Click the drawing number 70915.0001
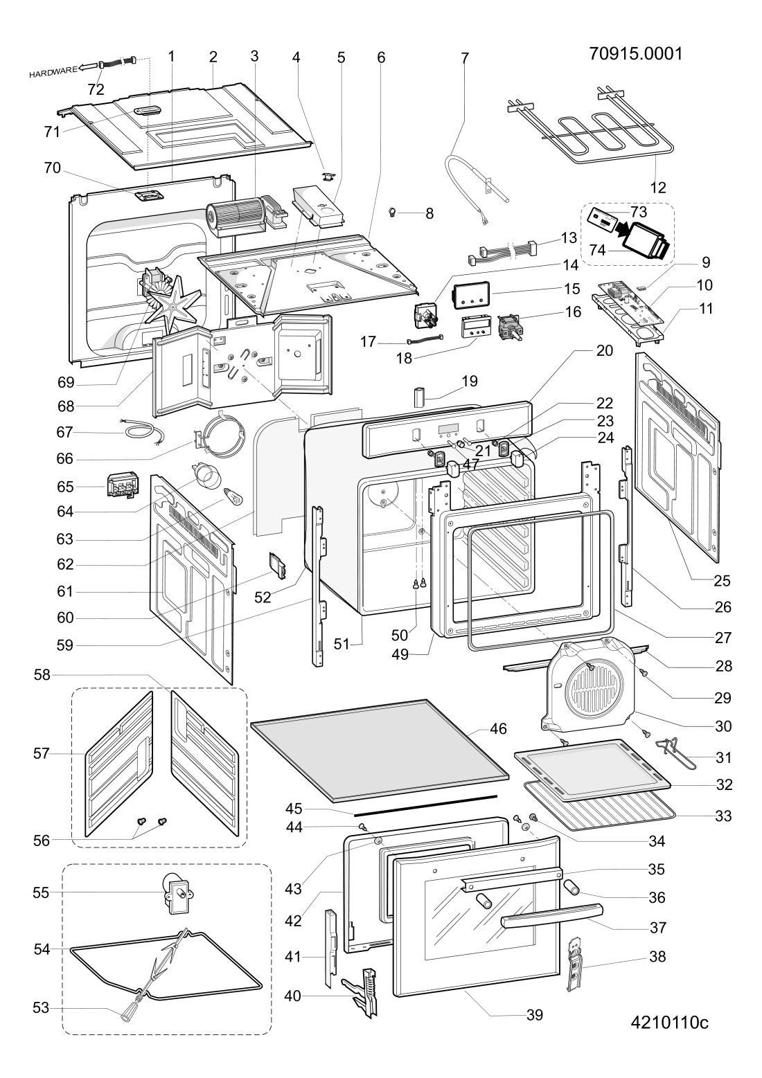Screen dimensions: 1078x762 (635, 54)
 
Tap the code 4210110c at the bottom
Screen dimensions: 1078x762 (669, 1023)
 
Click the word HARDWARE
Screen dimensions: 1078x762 (52, 71)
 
